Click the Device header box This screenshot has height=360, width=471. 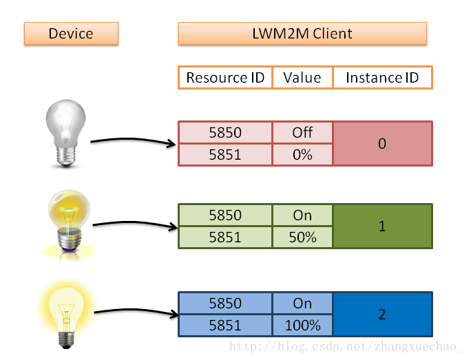pos(71,33)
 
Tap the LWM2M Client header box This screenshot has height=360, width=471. pos(302,33)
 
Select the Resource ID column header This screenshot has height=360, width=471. pos(225,78)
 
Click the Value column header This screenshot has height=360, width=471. pos(302,78)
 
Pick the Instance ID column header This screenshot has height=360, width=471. pos(383,78)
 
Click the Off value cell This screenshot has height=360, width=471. pos(302,132)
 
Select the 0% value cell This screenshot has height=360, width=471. pos(302,155)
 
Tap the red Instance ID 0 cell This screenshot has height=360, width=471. pos(383,144)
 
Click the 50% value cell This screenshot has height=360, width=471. pos(302,237)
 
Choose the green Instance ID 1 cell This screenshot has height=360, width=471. pos(383,226)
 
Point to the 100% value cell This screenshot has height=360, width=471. pos(302,325)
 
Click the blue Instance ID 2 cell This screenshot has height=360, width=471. pos(383,315)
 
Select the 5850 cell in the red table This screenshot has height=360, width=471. pos(225,132)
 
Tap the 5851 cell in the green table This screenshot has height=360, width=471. pos(225,237)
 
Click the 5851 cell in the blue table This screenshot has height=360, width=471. pos(225,325)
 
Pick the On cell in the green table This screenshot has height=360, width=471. pos(302,215)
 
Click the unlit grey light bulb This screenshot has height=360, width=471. pos(66,133)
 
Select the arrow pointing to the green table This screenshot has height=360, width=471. pos(135,224)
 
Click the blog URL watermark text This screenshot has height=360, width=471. pos(346,346)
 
